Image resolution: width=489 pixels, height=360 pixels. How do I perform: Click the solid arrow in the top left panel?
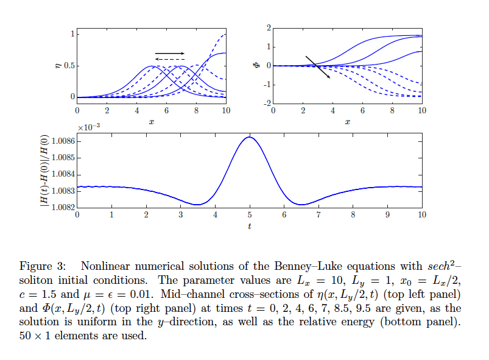coord(169,54)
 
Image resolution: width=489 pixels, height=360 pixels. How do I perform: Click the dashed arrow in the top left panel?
coord(169,59)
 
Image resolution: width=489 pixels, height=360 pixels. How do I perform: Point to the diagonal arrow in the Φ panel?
coord(318,67)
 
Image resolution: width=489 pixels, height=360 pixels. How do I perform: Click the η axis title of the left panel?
coord(58,65)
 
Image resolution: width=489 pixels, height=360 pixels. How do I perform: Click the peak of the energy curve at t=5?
coord(249,137)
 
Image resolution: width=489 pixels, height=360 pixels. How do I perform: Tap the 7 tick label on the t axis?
coord(318,215)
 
